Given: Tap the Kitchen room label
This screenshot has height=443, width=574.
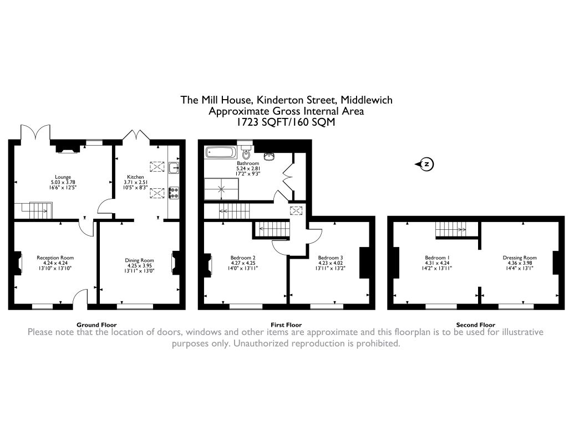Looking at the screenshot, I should pos(136,177).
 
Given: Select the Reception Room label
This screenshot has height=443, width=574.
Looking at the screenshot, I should pos(55,257).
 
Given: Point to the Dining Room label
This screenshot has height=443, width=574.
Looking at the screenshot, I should pos(139,260).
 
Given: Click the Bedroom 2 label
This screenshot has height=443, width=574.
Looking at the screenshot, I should pos(242,257).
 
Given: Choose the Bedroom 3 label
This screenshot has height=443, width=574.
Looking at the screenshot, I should pos(330,257).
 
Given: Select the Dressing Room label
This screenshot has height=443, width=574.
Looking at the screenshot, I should pos(520,257).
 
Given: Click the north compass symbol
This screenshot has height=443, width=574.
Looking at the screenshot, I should pos(426,164).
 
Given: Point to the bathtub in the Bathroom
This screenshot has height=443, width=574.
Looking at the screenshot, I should pos(221,153).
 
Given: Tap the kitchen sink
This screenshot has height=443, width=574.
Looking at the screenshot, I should pos(174,167).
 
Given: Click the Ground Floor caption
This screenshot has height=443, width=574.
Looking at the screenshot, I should pos(96,325).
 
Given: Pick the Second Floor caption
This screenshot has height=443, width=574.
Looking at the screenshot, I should pos(475,325).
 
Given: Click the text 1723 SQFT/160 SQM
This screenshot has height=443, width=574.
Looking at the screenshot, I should pos(287,123).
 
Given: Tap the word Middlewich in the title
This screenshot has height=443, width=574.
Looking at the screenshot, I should pos(367,100).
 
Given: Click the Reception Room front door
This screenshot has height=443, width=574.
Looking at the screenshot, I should pos(82,298).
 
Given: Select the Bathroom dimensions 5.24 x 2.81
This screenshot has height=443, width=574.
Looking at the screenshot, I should pos(248,169).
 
